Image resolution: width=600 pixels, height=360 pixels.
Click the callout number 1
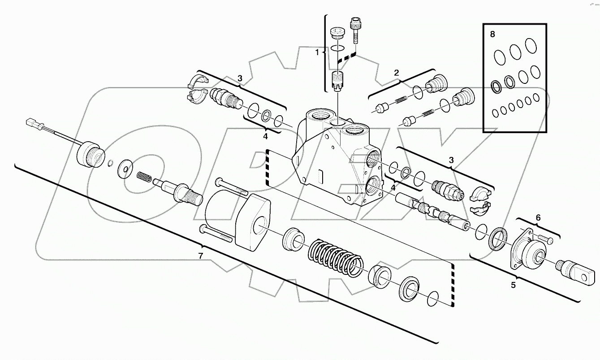click(317, 52)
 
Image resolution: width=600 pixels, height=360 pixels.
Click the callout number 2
click(396, 73)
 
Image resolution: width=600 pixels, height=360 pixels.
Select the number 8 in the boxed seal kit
click(493, 34)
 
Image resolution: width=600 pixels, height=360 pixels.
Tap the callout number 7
click(201, 256)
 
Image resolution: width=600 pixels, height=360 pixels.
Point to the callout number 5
click(514, 284)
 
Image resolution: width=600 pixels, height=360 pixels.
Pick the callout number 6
click(538, 217)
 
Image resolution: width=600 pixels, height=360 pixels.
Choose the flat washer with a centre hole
click(125, 169)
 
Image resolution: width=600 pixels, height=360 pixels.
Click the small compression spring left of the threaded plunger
click(143, 177)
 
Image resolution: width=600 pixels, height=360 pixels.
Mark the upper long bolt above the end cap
click(231, 187)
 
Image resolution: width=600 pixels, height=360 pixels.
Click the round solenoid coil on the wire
click(89, 154)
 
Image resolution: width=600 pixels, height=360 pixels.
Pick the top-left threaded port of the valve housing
click(319, 117)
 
